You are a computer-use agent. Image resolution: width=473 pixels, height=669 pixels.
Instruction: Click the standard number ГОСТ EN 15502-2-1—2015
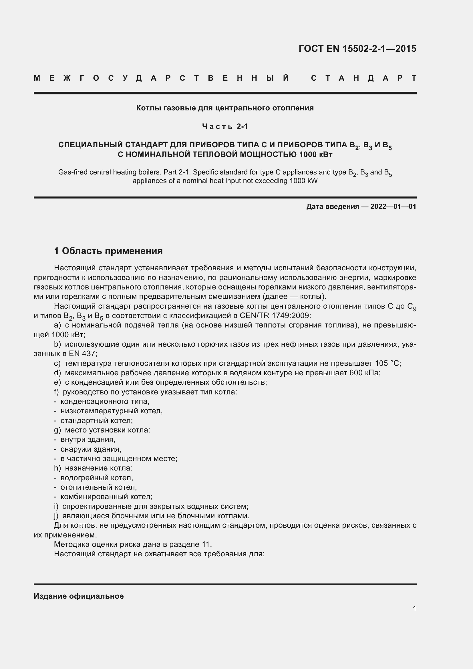click(x=357, y=49)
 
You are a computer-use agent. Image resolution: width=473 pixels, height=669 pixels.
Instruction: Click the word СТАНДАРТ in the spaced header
click(x=363, y=78)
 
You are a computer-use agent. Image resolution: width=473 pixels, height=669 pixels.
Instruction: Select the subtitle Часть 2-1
click(x=225, y=126)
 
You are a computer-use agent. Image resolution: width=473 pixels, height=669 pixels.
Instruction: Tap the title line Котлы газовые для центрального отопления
click(x=225, y=108)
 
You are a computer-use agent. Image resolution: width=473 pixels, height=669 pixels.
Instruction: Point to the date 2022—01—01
click(x=393, y=207)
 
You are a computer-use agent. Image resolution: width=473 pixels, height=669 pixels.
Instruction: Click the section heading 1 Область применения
click(x=108, y=251)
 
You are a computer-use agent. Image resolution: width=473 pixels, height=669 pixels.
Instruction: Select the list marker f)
click(x=57, y=392)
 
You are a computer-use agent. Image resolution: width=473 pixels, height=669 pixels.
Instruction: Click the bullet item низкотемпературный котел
click(x=111, y=411)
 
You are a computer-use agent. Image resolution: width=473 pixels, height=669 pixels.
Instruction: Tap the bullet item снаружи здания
click(x=91, y=449)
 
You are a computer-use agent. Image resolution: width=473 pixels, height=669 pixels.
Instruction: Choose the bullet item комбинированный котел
click(x=106, y=497)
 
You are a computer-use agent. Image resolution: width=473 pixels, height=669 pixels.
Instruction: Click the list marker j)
click(x=56, y=516)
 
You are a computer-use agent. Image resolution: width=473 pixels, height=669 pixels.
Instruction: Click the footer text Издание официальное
click(x=79, y=596)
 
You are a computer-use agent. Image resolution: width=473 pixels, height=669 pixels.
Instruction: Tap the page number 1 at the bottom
click(x=414, y=609)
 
